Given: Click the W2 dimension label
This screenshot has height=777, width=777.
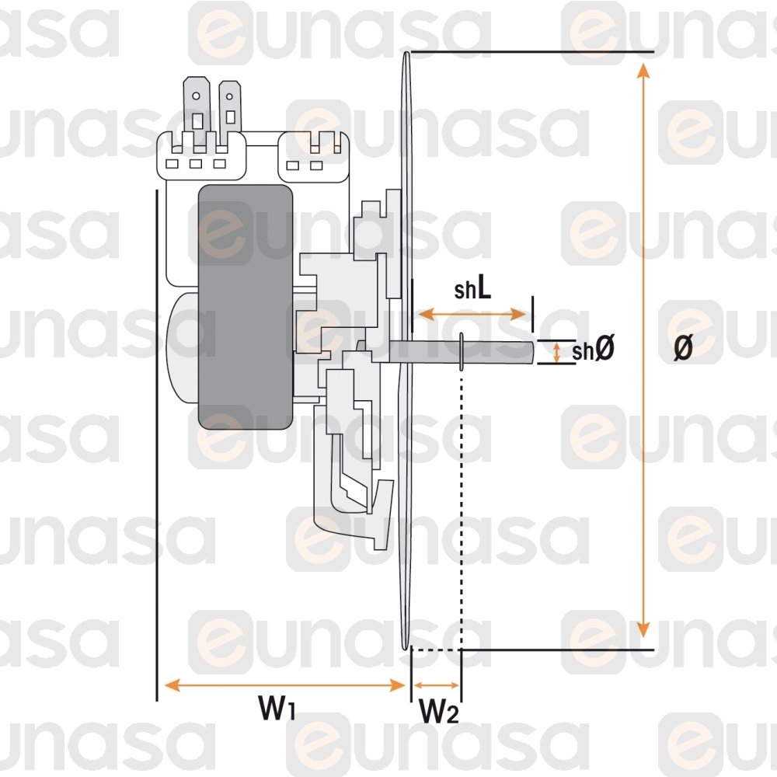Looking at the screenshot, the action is tap(439, 711).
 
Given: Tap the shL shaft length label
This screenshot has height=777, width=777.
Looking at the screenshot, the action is tap(472, 289).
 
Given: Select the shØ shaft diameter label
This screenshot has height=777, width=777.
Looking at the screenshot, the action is tap(593, 350).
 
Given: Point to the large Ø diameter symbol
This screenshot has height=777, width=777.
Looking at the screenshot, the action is tap(682, 348).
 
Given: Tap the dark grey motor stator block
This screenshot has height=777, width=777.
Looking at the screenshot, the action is tap(246, 307).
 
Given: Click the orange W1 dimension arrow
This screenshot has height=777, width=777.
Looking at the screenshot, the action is tap(284, 685).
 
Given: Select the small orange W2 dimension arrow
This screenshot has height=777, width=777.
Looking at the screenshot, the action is tap(437, 685).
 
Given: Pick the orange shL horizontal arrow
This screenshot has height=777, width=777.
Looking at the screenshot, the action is tap(472, 314).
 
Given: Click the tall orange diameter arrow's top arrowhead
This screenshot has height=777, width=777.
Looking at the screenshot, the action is tap(643, 71).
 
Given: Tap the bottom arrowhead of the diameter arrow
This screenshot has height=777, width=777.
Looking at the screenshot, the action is tap(643, 629).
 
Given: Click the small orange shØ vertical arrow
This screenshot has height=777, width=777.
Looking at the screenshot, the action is tap(556, 352).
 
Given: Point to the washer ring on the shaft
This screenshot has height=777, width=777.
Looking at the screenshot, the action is tap(462, 351).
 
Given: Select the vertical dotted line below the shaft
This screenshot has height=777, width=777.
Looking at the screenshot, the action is tap(462, 510).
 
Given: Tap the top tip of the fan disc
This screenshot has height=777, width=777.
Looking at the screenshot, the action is tap(406, 53).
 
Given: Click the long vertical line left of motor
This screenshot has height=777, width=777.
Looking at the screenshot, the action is tap(157, 445).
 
